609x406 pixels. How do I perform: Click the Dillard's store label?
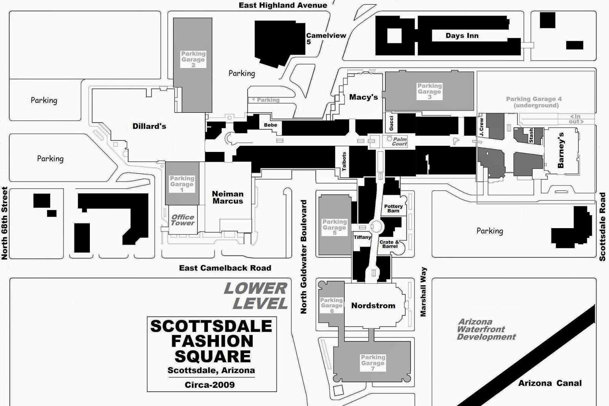(149, 126)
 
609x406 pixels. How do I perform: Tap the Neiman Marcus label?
(228, 197)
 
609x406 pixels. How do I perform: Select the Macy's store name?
(363, 97)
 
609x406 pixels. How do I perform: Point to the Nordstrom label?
(373, 305)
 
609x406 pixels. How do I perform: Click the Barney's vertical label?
(561, 150)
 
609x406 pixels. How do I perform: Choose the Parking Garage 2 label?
(193, 59)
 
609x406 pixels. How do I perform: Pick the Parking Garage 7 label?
(373, 363)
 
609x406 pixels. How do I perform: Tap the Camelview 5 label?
(326, 38)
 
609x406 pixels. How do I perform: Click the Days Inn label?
(462, 35)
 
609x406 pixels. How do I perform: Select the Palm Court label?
(399, 142)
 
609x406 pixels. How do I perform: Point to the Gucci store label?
(391, 123)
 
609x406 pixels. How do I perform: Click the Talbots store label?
(344, 161)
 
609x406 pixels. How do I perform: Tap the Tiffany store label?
(362, 237)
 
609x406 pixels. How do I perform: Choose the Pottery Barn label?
(393, 208)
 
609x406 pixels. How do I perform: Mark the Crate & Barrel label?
(389, 244)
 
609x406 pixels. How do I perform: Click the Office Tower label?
(183, 220)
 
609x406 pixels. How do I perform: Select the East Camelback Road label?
(225, 268)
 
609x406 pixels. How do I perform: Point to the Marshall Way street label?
(423, 292)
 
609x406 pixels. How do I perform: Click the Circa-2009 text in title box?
(210, 385)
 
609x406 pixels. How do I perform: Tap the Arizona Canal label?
(550, 383)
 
